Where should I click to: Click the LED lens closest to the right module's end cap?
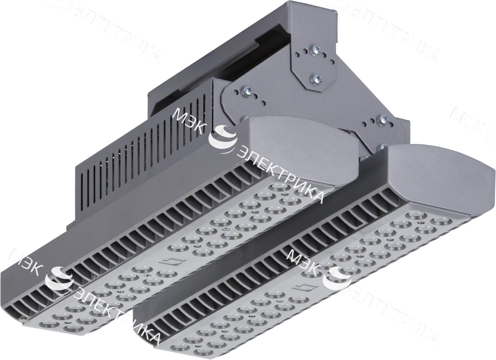pos(438,220)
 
